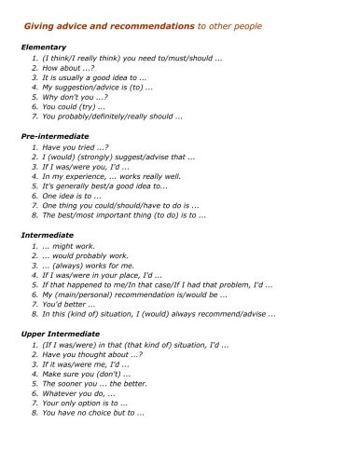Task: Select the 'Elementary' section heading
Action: (42, 47)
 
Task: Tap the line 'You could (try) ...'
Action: (74, 107)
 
